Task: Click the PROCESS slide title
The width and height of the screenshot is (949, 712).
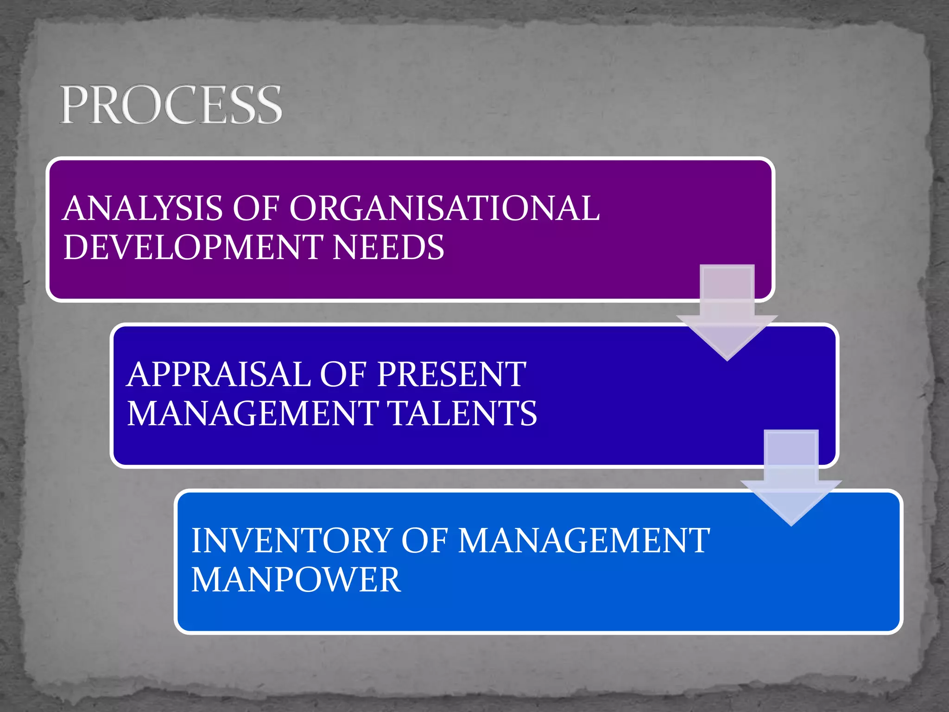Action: point(171,105)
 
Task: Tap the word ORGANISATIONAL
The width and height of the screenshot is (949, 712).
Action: point(444,208)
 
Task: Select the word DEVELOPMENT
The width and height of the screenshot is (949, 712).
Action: point(193,247)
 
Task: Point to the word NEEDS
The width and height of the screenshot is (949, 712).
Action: point(388,247)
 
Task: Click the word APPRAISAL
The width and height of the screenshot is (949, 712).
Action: point(218,374)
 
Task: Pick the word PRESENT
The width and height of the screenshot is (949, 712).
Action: point(452,374)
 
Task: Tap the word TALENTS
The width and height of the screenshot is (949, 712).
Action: point(462,413)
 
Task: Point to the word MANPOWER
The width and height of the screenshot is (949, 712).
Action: point(296,579)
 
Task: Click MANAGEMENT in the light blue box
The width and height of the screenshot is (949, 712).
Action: point(584,540)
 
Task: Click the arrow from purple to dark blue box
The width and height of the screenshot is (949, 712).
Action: point(727,315)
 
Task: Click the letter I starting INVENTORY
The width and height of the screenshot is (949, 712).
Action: point(196,540)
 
